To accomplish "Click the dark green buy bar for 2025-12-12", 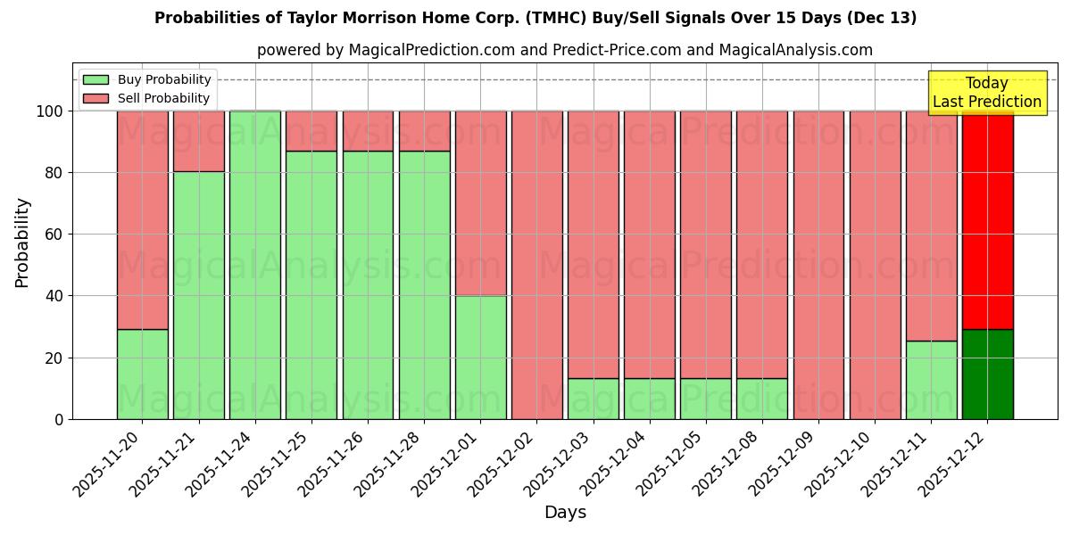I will coord(987,374).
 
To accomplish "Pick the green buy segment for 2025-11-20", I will coord(142,374).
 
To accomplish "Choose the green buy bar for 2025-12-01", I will coord(480,357).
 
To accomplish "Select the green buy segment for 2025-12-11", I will coord(931,380).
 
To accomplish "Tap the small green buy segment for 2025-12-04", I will coord(649,399).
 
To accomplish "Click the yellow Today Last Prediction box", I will coord(986,93).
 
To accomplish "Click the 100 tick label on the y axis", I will coord(48,111).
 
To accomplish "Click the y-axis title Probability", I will coord(22,242).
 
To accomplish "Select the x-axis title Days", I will coord(565,513).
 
